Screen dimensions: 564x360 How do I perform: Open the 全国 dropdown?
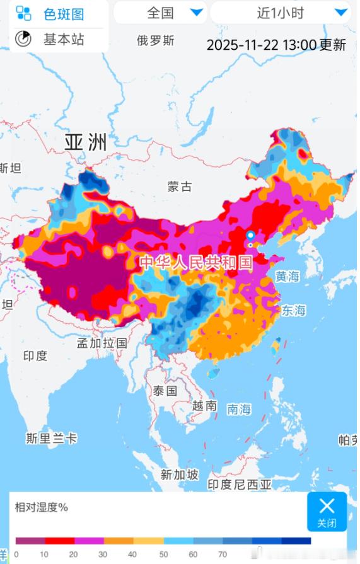[x=160, y=13]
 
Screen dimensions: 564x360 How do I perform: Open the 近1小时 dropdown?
[x=279, y=13]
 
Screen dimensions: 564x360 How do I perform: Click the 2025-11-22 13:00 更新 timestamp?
[x=276, y=45]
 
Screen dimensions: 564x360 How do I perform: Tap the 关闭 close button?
[x=327, y=511]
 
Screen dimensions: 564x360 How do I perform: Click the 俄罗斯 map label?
[x=155, y=41]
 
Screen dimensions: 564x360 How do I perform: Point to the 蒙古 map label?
[x=179, y=187]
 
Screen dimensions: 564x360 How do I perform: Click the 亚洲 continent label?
[x=85, y=142]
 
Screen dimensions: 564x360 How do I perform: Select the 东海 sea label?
[x=293, y=310]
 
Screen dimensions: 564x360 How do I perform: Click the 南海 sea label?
[x=239, y=410]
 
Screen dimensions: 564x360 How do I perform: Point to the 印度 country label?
[x=35, y=356]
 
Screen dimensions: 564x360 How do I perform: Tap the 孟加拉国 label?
[x=102, y=343]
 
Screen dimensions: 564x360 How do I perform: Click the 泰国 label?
[x=165, y=391]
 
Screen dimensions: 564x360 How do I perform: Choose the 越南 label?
[x=205, y=405]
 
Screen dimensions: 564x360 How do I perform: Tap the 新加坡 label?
[x=179, y=475]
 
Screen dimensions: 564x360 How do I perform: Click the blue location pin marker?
[x=250, y=236]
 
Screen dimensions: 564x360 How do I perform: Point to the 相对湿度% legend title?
[x=42, y=507]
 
